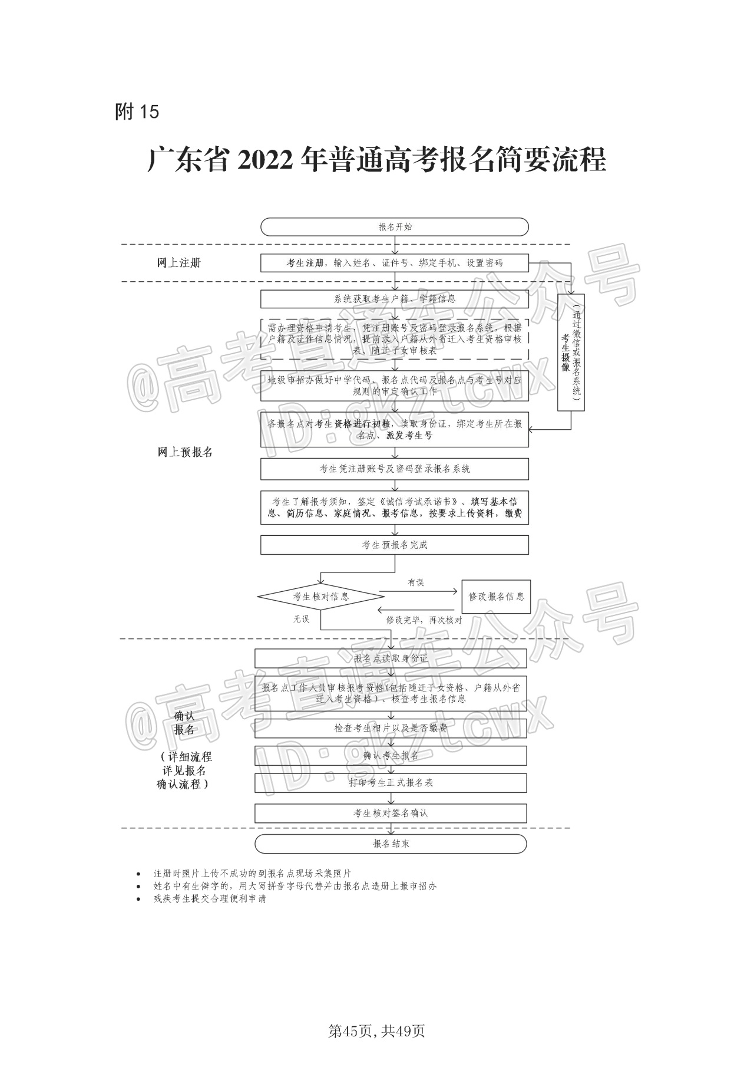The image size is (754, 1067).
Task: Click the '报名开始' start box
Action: [x=394, y=227]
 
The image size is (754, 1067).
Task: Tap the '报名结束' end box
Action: [x=391, y=844]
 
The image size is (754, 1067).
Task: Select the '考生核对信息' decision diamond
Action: [x=321, y=597]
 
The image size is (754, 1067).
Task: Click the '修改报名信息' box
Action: [x=496, y=597]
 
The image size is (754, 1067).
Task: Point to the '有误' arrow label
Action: [x=416, y=582]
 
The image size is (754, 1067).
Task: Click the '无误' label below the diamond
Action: [x=301, y=619]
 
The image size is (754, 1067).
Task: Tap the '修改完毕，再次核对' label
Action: [x=424, y=620]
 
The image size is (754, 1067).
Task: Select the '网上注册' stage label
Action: [x=179, y=263]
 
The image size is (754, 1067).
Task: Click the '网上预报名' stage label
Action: [x=185, y=452]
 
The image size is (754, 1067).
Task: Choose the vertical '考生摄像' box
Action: [x=571, y=352]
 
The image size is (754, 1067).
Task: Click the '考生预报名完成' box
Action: [x=394, y=545]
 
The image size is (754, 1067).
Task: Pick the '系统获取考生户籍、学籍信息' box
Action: [x=394, y=299]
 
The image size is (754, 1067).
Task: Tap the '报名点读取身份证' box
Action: [x=391, y=658]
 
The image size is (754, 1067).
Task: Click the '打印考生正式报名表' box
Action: [x=391, y=783]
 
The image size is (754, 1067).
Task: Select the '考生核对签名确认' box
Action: [x=391, y=813]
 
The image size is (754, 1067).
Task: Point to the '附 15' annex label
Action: [x=137, y=111]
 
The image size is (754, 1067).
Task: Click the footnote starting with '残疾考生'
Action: [x=210, y=898]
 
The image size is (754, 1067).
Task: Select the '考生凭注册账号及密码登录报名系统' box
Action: [x=394, y=469]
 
